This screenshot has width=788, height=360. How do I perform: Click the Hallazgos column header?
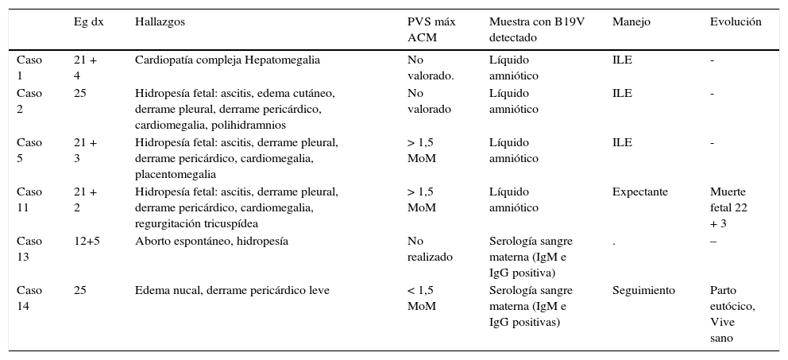[x=160, y=22]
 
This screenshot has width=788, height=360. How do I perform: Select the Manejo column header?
[x=631, y=22]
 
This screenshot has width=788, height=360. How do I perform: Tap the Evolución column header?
[x=735, y=22]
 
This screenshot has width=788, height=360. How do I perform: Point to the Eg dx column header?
[x=88, y=22]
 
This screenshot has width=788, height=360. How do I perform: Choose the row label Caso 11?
[x=29, y=199]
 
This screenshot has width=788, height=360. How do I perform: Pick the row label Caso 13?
[x=29, y=249]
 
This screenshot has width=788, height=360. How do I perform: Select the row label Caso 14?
[x=29, y=298]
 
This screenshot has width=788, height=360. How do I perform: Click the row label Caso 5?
[x=29, y=150]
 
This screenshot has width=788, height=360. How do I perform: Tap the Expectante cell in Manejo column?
[x=639, y=192]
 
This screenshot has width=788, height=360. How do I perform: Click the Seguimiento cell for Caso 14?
[x=643, y=291]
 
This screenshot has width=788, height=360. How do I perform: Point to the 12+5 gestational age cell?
[x=87, y=242]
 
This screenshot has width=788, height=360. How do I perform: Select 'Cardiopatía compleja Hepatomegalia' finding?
[x=228, y=60]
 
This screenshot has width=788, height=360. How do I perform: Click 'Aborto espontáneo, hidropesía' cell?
[x=211, y=242]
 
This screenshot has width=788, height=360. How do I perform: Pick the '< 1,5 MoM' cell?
[x=423, y=298]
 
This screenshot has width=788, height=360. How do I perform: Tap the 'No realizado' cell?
[x=430, y=249]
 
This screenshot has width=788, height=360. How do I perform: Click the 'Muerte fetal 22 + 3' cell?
[x=729, y=207]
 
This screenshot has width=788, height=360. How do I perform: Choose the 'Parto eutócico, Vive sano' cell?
[x=732, y=314]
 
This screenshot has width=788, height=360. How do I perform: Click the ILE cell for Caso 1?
[x=622, y=60]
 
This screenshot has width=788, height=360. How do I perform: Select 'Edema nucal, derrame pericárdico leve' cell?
[x=232, y=291]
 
